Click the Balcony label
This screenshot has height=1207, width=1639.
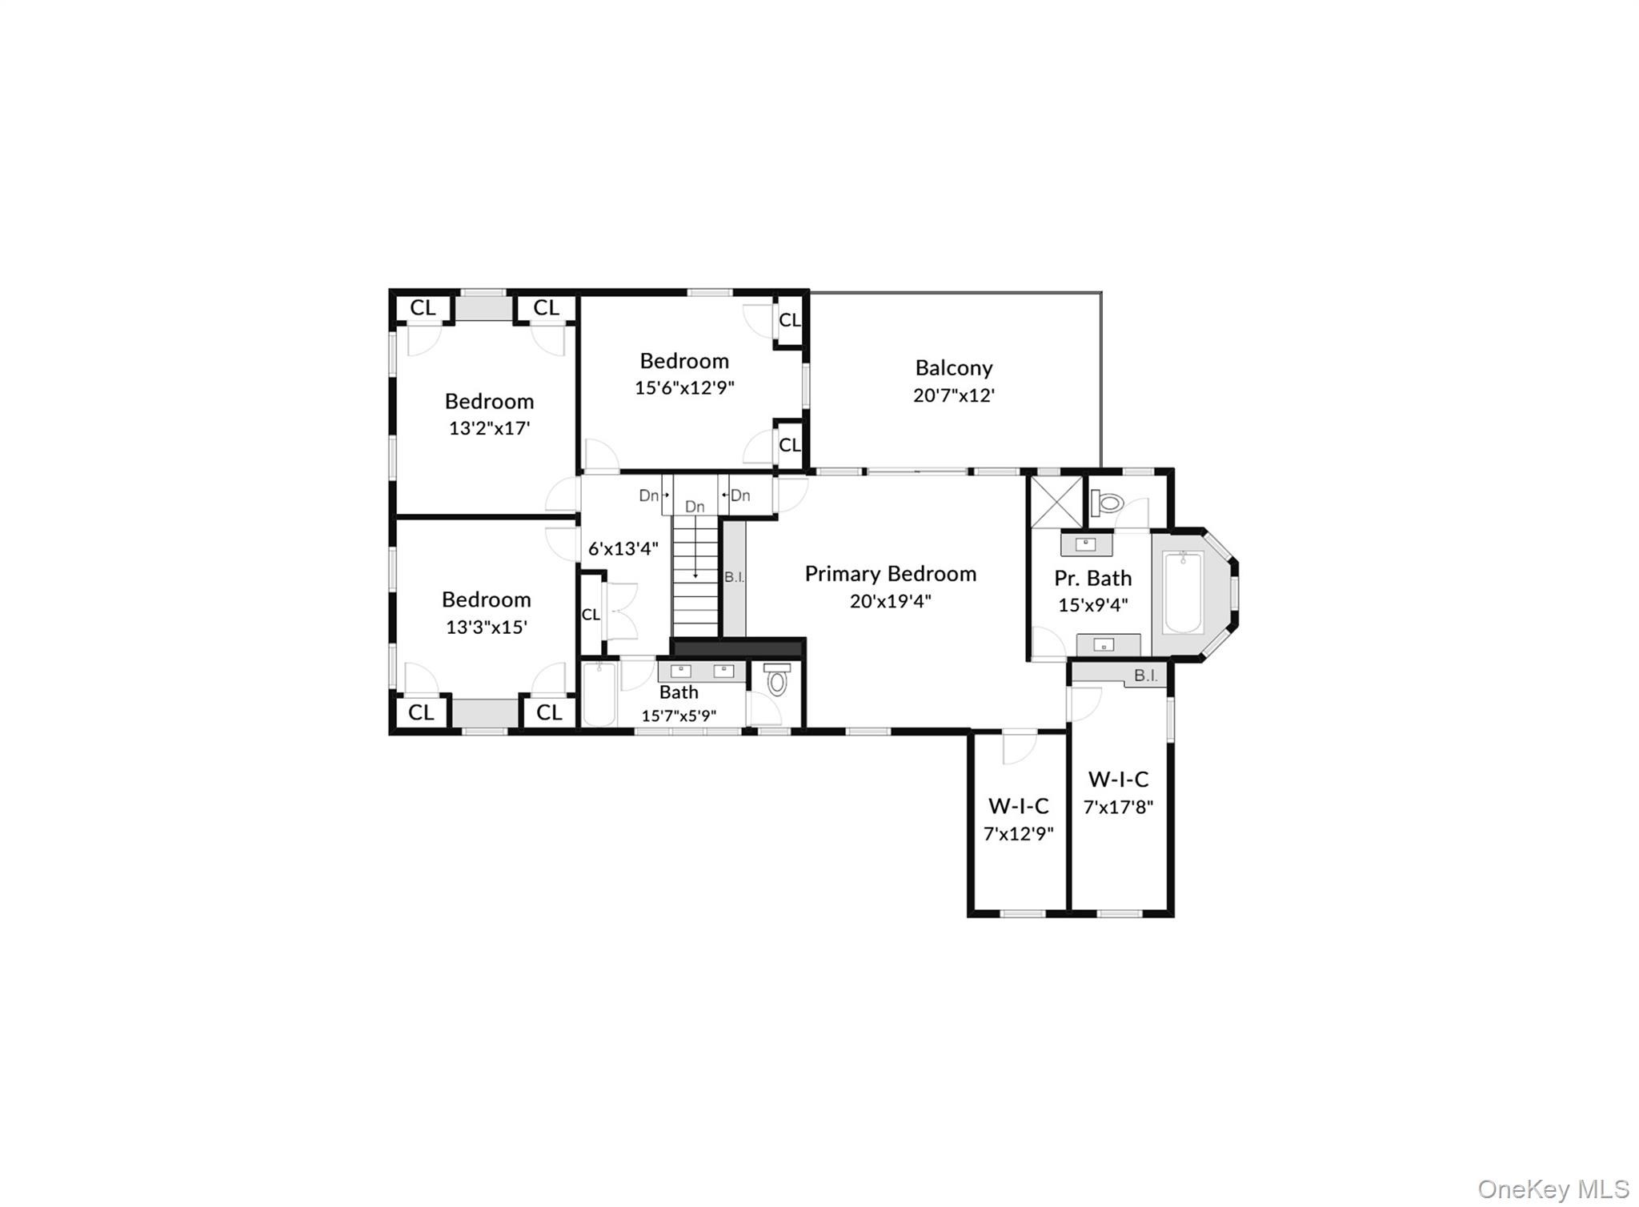point(953,368)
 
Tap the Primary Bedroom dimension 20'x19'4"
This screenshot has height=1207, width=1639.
point(890,601)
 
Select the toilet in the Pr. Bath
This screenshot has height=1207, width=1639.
point(1109,503)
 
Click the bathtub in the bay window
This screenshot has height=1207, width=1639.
point(1183,592)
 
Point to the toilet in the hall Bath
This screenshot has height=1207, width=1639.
point(776,681)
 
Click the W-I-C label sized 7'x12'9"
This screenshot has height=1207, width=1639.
point(1018,805)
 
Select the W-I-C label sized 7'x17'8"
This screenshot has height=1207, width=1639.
point(1118,779)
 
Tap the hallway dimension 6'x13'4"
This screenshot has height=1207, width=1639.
point(623,549)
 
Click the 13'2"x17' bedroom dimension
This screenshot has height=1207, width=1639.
point(489,428)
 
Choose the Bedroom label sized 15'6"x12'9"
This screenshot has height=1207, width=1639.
point(683,361)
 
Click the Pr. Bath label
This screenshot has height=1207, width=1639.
point(1092,578)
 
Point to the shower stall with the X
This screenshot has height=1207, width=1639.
point(1056,502)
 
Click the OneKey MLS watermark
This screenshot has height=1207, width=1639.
point(1553,1189)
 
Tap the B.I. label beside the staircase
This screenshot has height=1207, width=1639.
point(734,577)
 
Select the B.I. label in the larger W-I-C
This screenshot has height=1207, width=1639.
point(1145,676)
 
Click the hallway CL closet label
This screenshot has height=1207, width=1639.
point(591,615)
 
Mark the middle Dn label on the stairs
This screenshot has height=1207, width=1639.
point(695,507)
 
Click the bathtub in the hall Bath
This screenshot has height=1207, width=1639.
point(599,694)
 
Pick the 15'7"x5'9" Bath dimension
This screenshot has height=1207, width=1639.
point(678,716)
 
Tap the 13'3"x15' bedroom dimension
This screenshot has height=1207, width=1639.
point(486,628)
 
